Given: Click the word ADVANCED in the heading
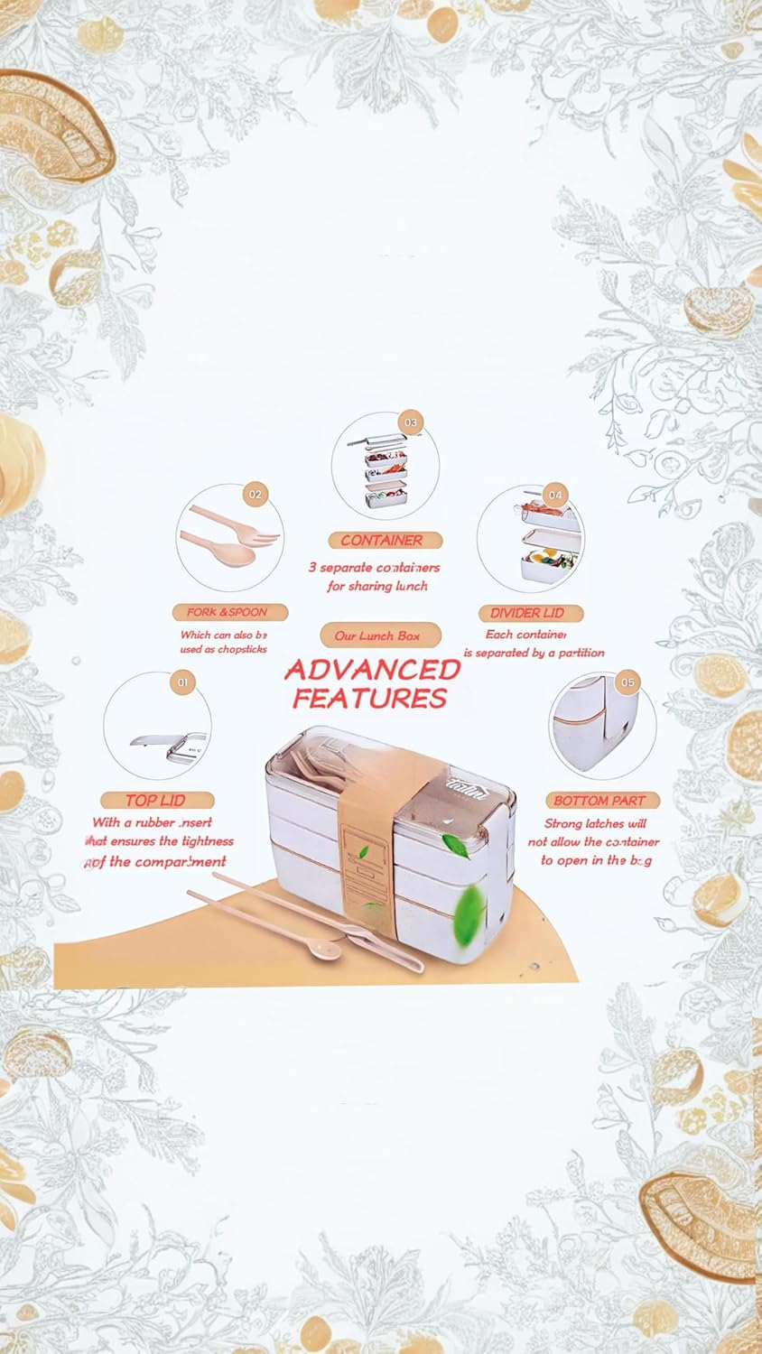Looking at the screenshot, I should pos(373,670).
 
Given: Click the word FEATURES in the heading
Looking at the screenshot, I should pos(370,698).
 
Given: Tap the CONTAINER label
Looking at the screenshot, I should pos(381,540).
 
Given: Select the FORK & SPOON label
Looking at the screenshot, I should pos(227,612).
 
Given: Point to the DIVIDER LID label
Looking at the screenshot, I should pos(527,613).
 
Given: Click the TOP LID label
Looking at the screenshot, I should pos(155,800).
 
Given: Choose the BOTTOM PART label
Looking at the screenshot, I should pos(599,801).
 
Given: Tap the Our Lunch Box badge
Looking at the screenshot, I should pos(377,635).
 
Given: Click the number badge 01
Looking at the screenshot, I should pos(183,682).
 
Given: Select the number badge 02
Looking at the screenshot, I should pos(256,494).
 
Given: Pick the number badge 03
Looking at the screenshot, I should pos(411,422).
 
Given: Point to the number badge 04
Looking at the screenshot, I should pos(555,495).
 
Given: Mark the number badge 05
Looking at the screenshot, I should pos(627,682).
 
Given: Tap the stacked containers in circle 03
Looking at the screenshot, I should pos(384,469).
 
